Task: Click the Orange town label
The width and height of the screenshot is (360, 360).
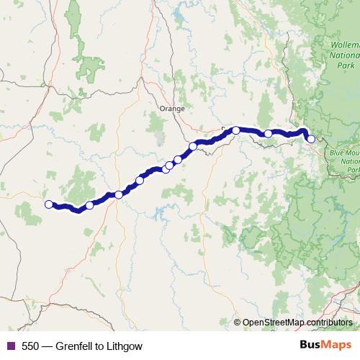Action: (171, 108)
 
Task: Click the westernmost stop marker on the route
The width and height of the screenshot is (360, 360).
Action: (49, 204)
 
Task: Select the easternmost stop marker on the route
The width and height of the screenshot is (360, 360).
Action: (311, 139)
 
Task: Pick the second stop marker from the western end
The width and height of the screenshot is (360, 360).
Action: (89, 205)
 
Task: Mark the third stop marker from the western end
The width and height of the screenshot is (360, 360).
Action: (118, 194)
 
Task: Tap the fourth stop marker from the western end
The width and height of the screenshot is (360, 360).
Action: (140, 180)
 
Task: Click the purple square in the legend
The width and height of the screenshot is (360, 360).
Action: (9, 346)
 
